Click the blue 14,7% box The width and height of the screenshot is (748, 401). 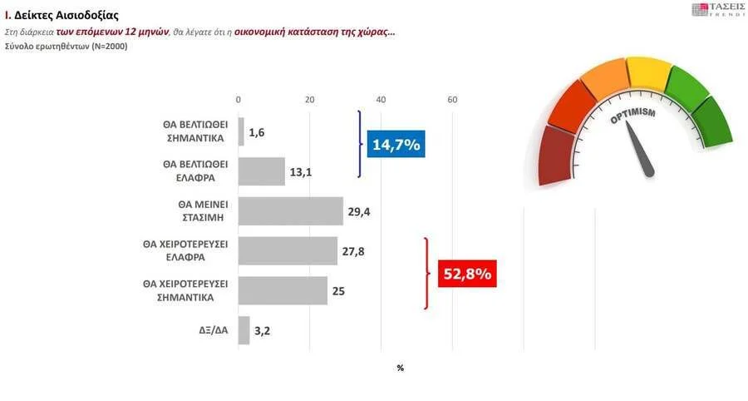pyautogui.click(x=396, y=145)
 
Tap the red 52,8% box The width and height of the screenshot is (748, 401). pyautogui.click(x=466, y=274)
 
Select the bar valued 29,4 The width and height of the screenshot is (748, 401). pyautogui.click(x=291, y=211)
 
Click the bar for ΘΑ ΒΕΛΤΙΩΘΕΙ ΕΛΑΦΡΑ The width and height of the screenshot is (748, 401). pyautogui.click(x=262, y=171)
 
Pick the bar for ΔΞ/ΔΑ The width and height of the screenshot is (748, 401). pyautogui.click(x=244, y=330)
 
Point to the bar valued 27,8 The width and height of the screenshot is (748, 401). pyautogui.click(x=288, y=250)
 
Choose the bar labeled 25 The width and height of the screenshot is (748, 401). pyautogui.click(x=283, y=290)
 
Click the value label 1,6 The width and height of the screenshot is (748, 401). pyautogui.click(x=256, y=132)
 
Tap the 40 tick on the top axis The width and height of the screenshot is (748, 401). pyautogui.click(x=381, y=101)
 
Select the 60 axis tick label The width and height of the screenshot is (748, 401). pyautogui.click(x=453, y=101)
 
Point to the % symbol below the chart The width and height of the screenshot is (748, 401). pyautogui.click(x=400, y=367)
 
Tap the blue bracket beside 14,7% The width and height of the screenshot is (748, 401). pyautogui.click(x=360, y=144)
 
